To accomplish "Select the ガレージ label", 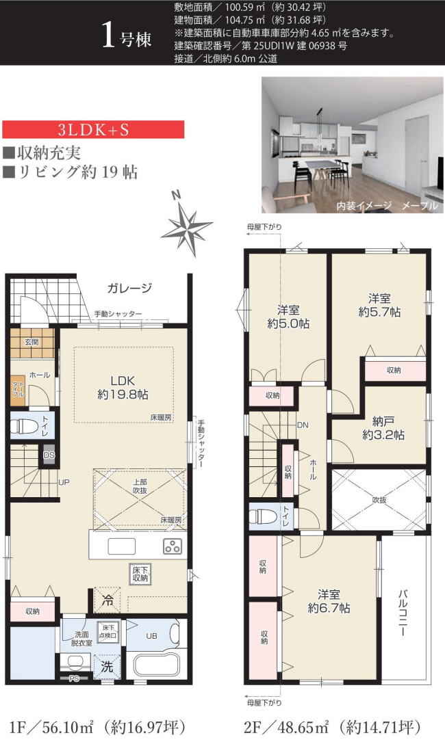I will [129, 288].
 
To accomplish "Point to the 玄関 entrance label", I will [32, 342].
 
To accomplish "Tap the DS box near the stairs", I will [49, 455].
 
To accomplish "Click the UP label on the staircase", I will [64, 483].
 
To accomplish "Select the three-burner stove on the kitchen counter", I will [172, 546].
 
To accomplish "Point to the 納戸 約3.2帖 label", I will [379, 427].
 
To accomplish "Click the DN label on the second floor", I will [303, 425].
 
